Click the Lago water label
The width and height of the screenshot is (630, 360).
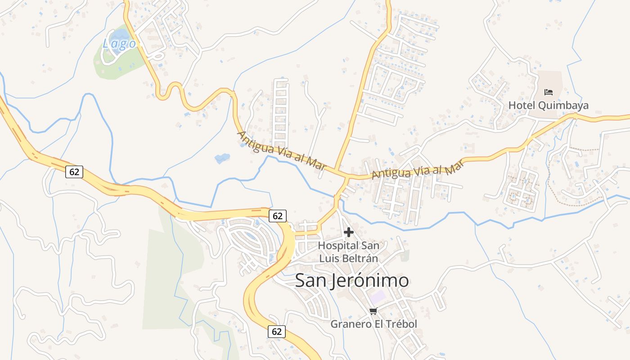pos(119,44)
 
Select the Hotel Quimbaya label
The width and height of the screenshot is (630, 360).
pos(548,105)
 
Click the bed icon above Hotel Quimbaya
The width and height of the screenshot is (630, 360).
pos(548,92)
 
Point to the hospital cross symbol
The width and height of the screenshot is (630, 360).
pos(348,233)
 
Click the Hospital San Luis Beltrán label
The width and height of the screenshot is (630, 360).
pos(348,252)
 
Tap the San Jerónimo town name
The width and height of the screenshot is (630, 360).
pos(352,280)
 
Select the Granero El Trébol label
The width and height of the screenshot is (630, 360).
pos(373,324)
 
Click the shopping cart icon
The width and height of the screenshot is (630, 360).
pos(373,311)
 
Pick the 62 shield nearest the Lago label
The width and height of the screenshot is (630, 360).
pos(74,171)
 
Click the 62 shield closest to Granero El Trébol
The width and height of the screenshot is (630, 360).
pos(277,332)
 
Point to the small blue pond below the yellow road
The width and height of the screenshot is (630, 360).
pos(222,158)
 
